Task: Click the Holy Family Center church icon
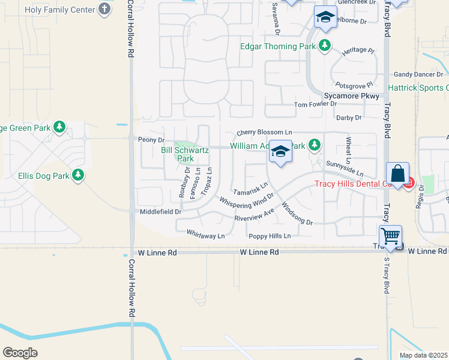[105, 10]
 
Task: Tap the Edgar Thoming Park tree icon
[325, 46]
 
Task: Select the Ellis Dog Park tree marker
[77, 175]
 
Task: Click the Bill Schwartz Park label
[185, 154]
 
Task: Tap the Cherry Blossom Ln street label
[264, 132]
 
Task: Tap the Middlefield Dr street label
[160, 212]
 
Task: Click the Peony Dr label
[151, 140]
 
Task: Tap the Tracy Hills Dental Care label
[357, 184]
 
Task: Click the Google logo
[20, 352]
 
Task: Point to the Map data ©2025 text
[423, 355]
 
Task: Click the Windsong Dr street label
[297, 214]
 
